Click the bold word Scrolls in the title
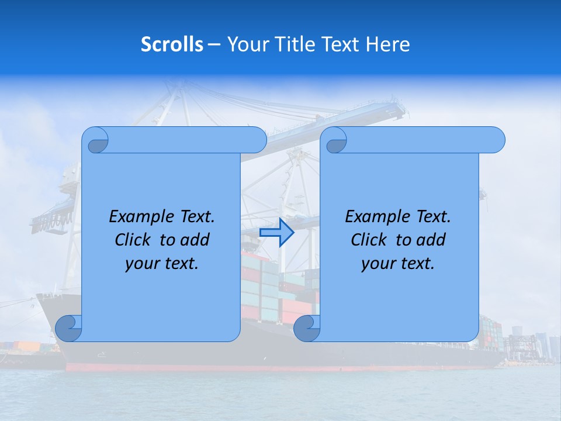point(172,44)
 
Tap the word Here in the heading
point(388,44)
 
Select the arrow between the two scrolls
point(276,233)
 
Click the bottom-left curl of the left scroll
point(68,328)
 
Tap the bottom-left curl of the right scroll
point(306,328)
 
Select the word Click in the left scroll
point(132,240)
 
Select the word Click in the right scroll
point(368,240)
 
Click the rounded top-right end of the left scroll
point(257,140)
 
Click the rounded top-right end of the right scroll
point(496,140)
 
